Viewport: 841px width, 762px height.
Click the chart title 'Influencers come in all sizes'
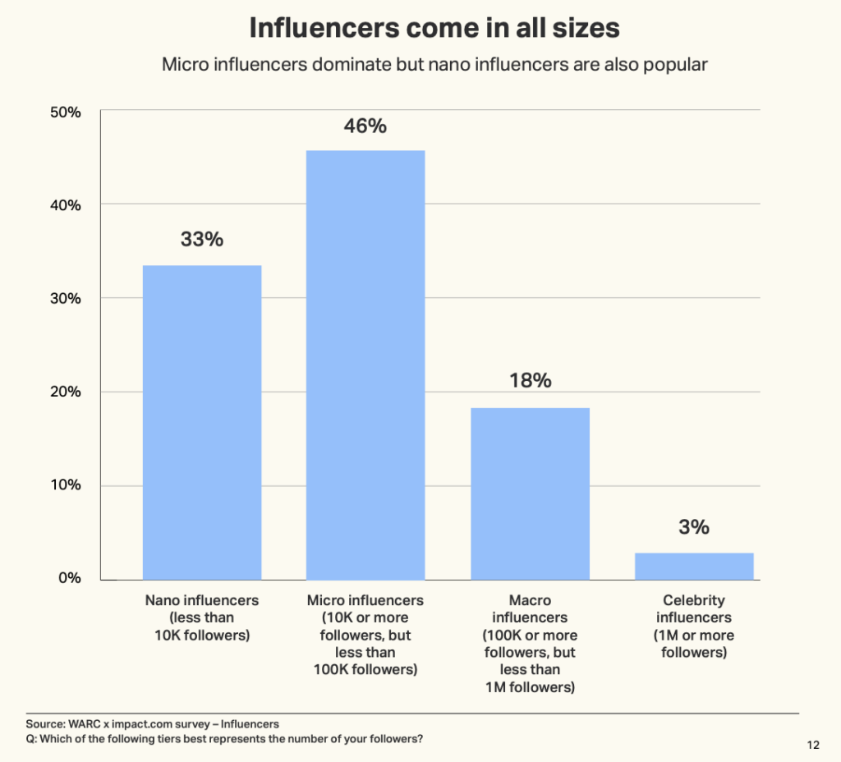tap(434, 28)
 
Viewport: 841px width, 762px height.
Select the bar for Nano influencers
tap(202, 422)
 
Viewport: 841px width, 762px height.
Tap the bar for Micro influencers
tap(365, 365)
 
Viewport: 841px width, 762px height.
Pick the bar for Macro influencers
tap(530, 493)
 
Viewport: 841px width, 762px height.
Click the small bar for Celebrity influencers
tap(694, 566)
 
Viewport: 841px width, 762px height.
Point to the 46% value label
tap(365, 126)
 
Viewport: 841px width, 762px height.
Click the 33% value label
tap(202, 240)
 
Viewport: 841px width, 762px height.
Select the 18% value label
tap(530, 381)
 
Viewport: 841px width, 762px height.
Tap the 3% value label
tap(694, 527)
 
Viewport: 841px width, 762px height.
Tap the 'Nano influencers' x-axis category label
tap(202, 617)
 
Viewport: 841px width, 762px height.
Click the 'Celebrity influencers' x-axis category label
tap(694, 627)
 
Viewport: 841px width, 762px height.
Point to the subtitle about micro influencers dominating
tap(434, 65)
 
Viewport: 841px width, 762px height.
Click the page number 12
tap(813, 746)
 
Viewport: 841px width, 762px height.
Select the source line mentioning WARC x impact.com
tap(153, 724)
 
